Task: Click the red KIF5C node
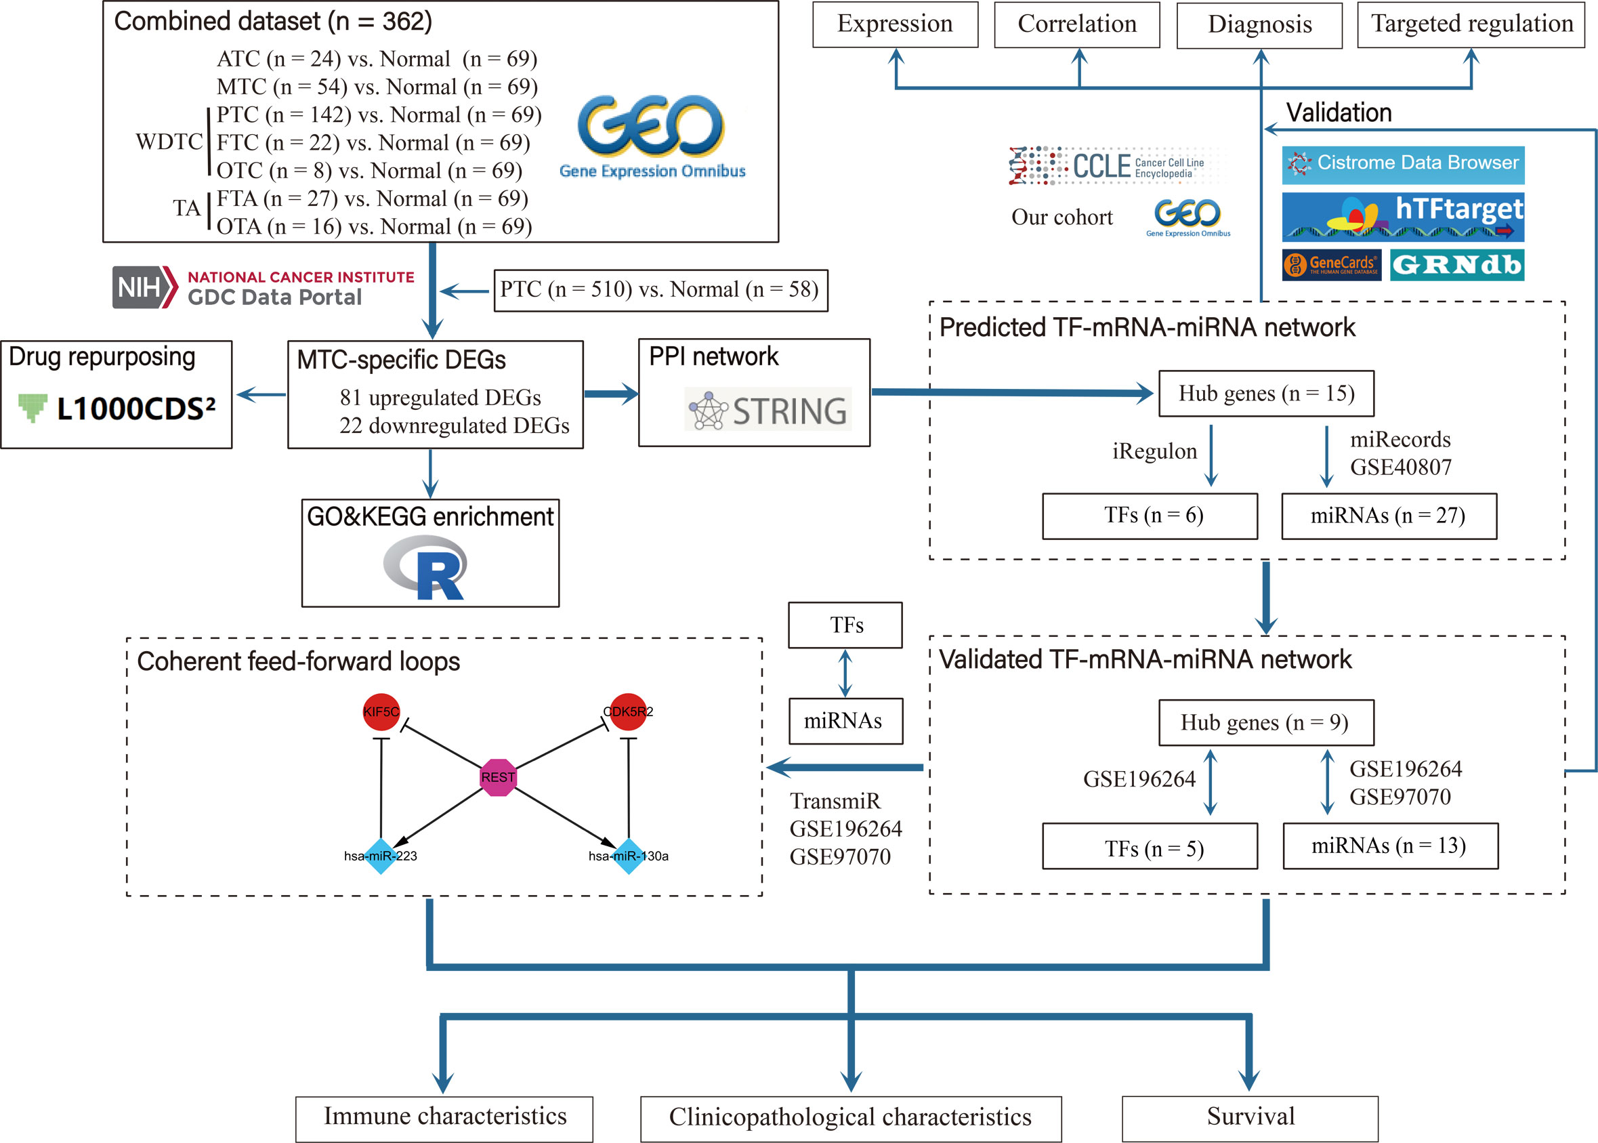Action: coord(381,711)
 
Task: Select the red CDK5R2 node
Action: coord(629,711)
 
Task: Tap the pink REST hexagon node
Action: coord(498,777)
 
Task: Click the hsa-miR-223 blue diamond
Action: coord(381,856)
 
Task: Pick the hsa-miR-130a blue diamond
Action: coord(629,856)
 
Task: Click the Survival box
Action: coord(1250,1119)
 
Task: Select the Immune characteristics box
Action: coord(444,1119)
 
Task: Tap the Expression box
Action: coord(895,24)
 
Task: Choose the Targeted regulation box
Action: coord(1471,24)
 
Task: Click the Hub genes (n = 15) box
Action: coord(1266,394)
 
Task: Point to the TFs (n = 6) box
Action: coord(1150,516)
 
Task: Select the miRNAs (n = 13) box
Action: coord(1391,846)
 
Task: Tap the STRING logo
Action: coord(768,409)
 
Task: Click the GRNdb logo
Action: coord(1457,265)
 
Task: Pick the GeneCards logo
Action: coord(1331,265)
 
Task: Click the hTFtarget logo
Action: coord(1403,217)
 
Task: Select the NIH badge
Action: coord(144,287)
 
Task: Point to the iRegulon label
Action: coord(1155,451)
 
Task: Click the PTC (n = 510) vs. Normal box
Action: coord(660,290)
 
